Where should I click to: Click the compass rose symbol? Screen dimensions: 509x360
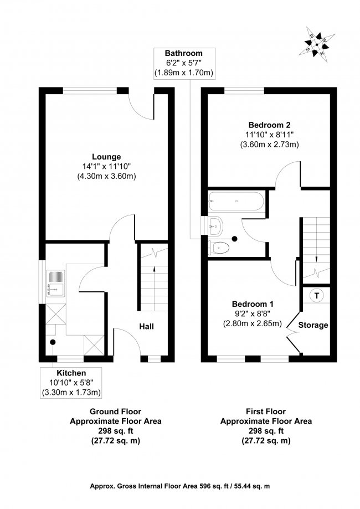[x=317, y=45]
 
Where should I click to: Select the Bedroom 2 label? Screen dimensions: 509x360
[x=269, y=125]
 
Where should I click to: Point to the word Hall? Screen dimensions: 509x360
[x=146, y=326]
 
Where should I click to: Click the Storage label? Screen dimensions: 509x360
[x=313, y=325]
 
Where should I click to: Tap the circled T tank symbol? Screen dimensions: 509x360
[x=316, y=295]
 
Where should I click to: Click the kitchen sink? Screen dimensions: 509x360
[x=55, y=281]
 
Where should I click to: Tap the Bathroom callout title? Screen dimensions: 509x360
[x=183, y=53]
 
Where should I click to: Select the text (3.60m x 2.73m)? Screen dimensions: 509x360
[x=269, y=145]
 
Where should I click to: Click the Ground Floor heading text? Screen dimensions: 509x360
[x=115, y=411]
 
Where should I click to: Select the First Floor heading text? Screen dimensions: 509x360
[x=266, y=411]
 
